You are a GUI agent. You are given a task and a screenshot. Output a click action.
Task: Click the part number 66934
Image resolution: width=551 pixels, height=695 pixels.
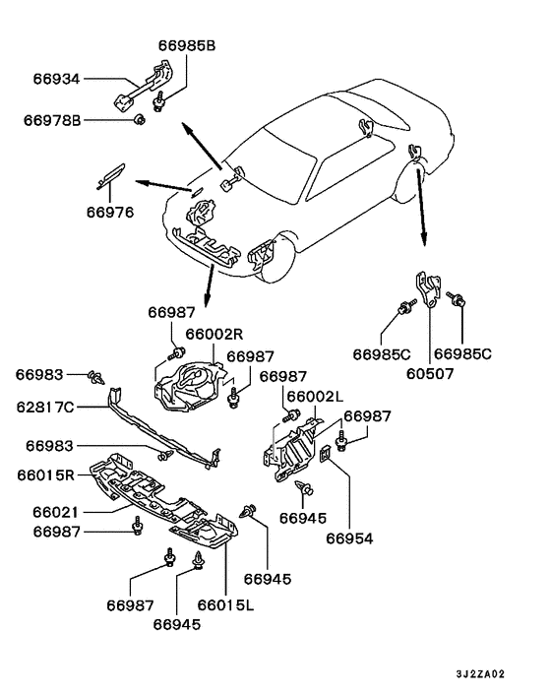pyautogui.click(x=56, y=79)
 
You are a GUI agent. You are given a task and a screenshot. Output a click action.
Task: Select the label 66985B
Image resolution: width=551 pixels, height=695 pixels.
pyautogui.click(x=187, y=45)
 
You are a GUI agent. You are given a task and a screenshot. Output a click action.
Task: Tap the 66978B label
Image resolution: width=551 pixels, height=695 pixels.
pyautogui.click(x=52, y=120)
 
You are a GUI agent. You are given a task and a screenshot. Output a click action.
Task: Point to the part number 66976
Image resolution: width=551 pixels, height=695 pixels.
pyautogui.click(x=110, y=212)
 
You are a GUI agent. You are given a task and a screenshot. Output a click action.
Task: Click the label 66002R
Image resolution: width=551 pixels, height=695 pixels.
pyautogui.click(x=214, y=334)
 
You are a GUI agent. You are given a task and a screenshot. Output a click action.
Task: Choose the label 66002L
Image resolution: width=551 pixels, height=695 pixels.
pyautogui.click(x=315, y=396)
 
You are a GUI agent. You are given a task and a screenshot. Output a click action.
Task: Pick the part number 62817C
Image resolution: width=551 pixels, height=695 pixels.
pyautogui.click(x=45, y=407)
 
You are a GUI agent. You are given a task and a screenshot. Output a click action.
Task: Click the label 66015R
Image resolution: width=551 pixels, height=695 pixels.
pyautogui.click(x=46, y=474)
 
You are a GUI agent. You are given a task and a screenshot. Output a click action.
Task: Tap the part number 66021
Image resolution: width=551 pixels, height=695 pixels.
pyautogui.click(x=55, y=512)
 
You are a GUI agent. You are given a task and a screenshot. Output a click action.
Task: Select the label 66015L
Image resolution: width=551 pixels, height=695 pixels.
pyautogui.click(x=226, y=604)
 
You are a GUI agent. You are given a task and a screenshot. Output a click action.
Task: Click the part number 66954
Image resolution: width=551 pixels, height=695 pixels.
pyautogui.click(x=349, y=538)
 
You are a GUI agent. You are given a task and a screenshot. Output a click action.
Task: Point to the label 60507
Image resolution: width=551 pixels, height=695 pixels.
pyautogui.click(x=430, y=374)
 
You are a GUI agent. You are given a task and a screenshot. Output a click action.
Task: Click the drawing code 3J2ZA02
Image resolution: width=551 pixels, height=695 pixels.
pyautogui.click(x=480, y=673)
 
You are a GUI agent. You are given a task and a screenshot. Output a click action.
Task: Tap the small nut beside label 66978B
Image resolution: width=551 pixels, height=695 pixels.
pyautogui.click(x=140, y=119)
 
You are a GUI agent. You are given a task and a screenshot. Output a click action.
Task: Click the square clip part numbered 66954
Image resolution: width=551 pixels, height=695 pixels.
pyautogui.click(x=327, y=453)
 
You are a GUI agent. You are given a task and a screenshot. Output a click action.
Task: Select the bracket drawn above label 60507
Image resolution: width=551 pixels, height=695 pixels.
pyautogui.click(x=427, y=289)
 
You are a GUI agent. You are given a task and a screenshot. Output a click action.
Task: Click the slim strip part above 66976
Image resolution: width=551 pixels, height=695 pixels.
pyautogui.click(x=111, y=175)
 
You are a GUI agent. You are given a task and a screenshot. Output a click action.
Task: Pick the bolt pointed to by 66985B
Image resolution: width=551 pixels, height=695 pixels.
pyautogui.click(x=158, y=101)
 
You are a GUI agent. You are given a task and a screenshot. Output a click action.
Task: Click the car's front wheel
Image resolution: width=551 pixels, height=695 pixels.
pyautogui.click(x=275, y=258)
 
